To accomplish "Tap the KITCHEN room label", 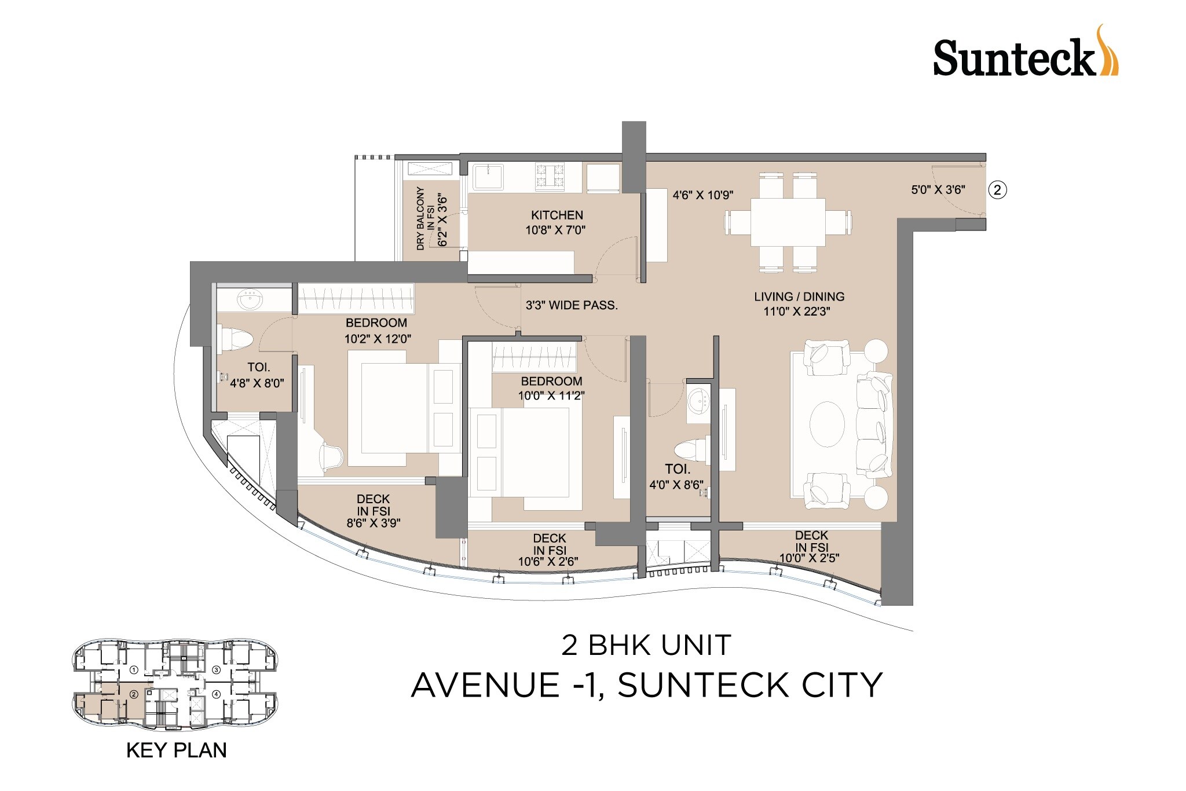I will click(x=557, y=215).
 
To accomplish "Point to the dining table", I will click(x=788, y=222).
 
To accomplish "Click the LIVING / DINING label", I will click(x=799, y=296).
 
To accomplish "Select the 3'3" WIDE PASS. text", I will click(x=572, y=305).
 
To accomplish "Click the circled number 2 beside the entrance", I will click(x=997, y=189).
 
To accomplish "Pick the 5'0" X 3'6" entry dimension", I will click(x=938, y=189).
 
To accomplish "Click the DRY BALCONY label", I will click(x=421, y=218).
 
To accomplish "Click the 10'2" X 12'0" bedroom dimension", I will click(x=378, y=339).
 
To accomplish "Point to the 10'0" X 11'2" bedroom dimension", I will click(x=551, y=396).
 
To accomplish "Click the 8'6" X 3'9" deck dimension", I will click(x=374, y=523).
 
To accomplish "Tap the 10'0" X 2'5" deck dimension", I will click(x=809, y=558).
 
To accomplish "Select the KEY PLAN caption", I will click(x=176, y=750).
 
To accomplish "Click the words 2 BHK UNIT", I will click(x=646, y=645).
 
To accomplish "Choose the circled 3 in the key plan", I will click(x=216, y=670).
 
